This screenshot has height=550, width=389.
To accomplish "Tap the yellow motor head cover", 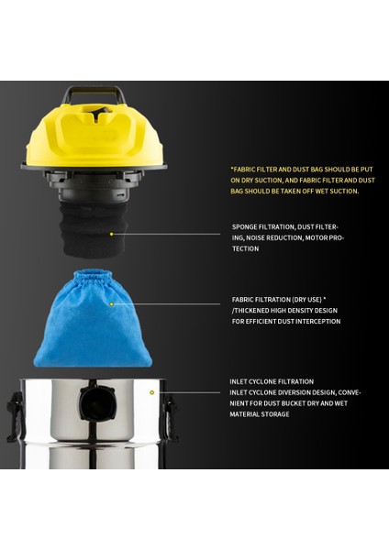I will tap(101, 137).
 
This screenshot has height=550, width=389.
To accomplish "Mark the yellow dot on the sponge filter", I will tap(111, 234).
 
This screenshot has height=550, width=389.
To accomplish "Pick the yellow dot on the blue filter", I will tap(111, 303).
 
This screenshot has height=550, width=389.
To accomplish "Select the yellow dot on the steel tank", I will tap(152, 392).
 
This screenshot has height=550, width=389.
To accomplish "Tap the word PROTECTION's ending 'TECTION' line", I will tap(245, 248).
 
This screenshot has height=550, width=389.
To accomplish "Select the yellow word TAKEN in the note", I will tap(298, 192).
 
